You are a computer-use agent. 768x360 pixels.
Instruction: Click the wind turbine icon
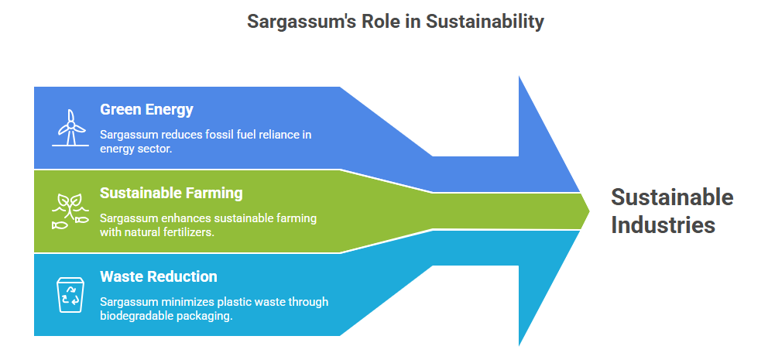[70, 127]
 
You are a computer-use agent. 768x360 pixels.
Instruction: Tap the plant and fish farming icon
[70, 211]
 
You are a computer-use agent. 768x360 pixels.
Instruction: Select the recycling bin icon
[70, 295]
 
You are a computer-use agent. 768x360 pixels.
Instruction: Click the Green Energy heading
[146, 110]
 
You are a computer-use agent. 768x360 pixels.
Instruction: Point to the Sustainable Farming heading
[171, 193]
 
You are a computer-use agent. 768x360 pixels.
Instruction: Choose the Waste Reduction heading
[159, 276]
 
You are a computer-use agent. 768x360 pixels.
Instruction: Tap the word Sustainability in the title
[485, 22]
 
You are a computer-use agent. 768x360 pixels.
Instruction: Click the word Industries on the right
[663, 225]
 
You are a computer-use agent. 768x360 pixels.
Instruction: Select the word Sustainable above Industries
[672, 197]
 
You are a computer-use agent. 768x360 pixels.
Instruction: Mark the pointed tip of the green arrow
[589, 211]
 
